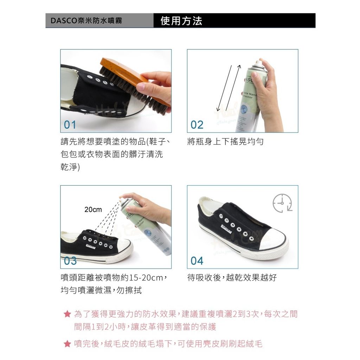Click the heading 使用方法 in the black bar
(x=181, y=21)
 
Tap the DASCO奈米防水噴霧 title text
(x=86, y=21)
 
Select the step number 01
(x=70, y=125)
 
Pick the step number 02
(x=197, y=125)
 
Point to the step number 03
(x=70, y=261)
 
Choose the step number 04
(x=197, y=261)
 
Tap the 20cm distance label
(x=93, y=210)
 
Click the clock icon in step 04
(x=282, y=203)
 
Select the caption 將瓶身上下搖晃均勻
(x=225, y=142)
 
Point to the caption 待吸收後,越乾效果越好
(x=232, y=278)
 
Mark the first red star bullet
(x=67, y=314)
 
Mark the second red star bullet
(x=67, y=344)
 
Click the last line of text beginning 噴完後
(x=168, y=344)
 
